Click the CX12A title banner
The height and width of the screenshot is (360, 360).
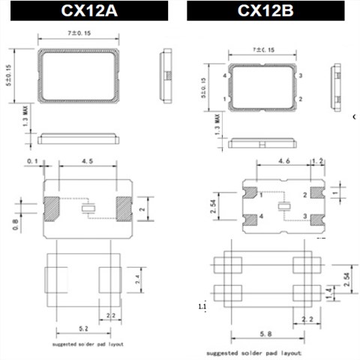point(89,10)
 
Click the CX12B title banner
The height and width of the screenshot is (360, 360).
point(265,10)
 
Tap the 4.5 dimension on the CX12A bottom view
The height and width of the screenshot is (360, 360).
point(88,161)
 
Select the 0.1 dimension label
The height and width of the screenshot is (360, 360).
point(32,161)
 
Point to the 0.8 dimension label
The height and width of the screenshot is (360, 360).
point(15,224)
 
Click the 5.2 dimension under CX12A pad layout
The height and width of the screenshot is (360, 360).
point(83,328)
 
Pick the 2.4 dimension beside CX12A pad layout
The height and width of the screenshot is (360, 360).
point(138,279)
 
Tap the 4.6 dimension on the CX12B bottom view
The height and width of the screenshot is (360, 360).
point(284,161)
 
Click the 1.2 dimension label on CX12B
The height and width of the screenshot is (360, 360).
point(317,161)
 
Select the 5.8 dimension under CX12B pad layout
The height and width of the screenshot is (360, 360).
point(265,334)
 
